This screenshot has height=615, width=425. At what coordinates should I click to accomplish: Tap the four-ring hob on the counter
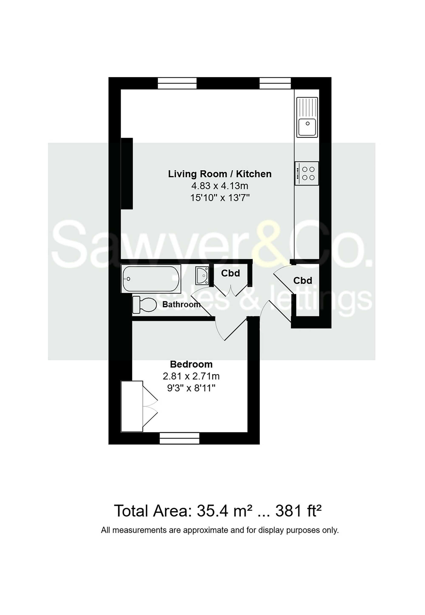pyautogui.click(x=307, y=173)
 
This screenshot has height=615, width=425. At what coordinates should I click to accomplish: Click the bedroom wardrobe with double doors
pyautogui.click(x=132, y=406)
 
